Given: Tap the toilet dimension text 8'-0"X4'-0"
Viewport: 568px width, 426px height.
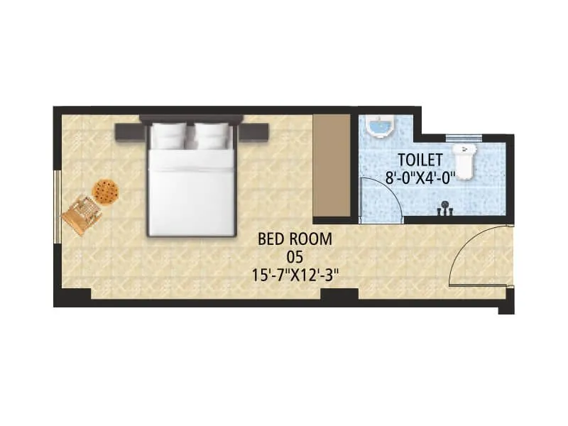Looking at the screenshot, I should coord(420,179).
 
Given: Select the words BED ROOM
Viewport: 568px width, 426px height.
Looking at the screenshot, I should coord(294,239).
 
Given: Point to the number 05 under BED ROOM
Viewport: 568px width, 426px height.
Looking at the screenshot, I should coord(294,257).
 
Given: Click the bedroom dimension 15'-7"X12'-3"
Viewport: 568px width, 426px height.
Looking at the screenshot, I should coord(294,275).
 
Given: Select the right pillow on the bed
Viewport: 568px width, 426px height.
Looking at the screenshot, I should coord(212,135).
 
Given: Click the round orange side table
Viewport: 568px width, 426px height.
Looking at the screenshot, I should coord(105,191).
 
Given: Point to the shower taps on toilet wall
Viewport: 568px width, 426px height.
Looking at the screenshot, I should coord(445,209).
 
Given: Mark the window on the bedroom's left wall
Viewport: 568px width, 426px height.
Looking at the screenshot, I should coord(56,206).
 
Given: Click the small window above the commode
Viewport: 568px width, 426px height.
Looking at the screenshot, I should coord(464,137).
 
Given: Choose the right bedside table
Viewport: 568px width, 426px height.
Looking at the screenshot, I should coord(254,131).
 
